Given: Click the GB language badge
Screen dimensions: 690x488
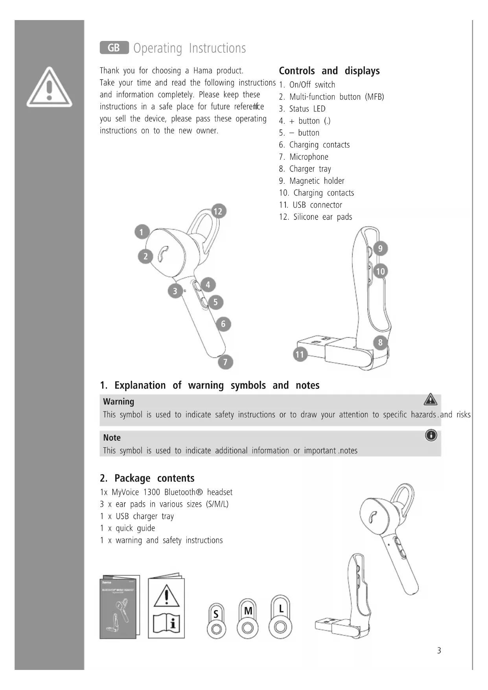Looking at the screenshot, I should (114, 48).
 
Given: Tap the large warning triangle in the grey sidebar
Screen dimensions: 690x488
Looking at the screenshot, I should (49, 88).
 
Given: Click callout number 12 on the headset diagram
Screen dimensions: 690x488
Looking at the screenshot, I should (218, 211).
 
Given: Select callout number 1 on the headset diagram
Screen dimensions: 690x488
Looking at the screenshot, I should (142, 232).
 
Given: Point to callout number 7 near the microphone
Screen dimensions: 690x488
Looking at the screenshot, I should (225, 362).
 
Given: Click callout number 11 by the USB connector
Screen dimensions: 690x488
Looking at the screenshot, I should (300, 354).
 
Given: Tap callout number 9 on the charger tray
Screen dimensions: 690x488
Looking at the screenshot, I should (380, 249).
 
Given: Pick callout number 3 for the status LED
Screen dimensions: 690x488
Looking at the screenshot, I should (175, 291).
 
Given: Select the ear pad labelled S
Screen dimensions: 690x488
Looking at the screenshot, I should (216, 622).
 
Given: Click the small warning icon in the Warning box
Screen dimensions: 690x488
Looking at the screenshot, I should (431, 399).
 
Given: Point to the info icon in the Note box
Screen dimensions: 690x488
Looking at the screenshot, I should (431, 435).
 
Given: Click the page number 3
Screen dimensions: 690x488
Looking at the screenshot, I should (439, 651).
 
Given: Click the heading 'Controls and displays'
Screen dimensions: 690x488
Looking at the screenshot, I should (329, 71).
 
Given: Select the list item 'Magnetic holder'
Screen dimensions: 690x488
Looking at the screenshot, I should (317, 181).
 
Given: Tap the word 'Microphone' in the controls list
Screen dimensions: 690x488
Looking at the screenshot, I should (309, 157).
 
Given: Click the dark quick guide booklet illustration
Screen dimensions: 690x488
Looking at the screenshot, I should (120, 607).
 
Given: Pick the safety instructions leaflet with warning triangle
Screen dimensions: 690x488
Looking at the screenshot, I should (166, 607).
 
